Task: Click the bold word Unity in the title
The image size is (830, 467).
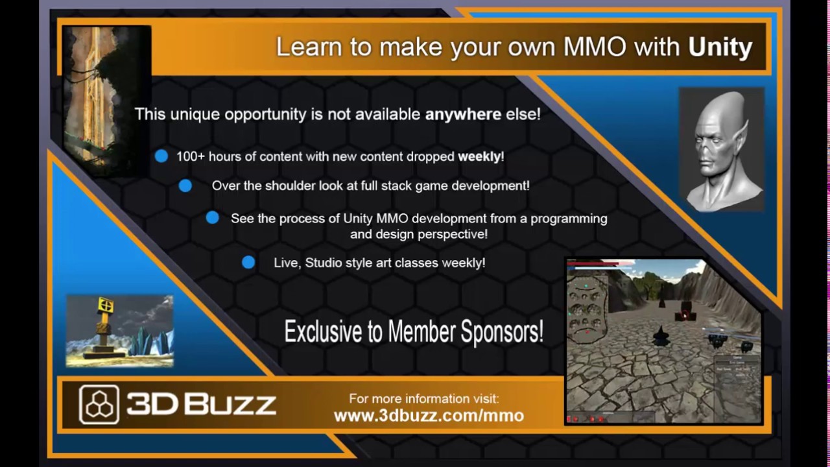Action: point(720,47)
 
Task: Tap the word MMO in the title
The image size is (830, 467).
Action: point(595,47)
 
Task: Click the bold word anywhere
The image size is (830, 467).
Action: point(462,114)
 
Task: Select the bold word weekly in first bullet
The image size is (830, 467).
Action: point(479,156)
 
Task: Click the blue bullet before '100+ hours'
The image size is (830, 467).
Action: point(161,156)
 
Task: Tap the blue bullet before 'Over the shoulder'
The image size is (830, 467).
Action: point(185,186)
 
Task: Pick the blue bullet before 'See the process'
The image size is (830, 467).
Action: point(212,218)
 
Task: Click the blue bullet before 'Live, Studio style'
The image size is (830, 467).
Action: point(248,262)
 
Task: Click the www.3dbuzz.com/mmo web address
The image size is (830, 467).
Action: point(429,416)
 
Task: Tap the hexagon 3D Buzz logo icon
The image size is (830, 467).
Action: point(99,404)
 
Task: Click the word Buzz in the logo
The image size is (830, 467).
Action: point(231,404)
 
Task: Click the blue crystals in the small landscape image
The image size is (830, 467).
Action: point(152,341)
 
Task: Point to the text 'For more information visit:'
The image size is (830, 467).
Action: point(423,399)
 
